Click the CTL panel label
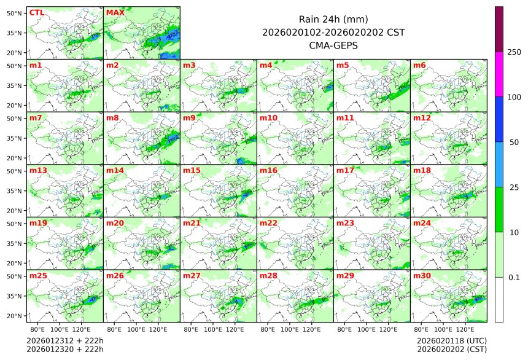(37, 12)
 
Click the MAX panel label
(115, 12)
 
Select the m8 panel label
(112, 117)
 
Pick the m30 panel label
(421, 276)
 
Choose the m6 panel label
(419, 65)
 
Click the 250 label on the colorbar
(514, 52)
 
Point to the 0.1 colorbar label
(514, 278)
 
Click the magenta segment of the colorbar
(499, 74)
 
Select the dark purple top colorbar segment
(499, 29)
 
